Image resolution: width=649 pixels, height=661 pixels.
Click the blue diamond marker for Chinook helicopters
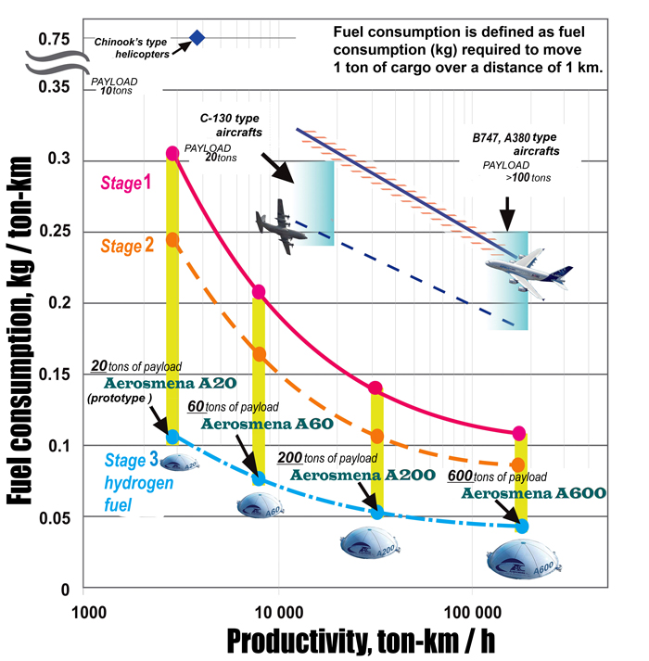[197, 37]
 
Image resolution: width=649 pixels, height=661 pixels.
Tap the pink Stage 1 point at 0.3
[172, 153]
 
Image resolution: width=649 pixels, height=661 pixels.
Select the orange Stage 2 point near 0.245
[172, 239]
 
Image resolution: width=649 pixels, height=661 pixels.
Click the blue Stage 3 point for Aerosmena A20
[172, 436]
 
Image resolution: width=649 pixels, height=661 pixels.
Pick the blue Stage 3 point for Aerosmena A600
[523, 526]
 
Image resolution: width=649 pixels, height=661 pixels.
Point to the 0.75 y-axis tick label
[55, 39]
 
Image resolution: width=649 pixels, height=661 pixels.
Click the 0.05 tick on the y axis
[55, 517]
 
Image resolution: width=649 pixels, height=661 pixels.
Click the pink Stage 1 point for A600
[519, 433]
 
